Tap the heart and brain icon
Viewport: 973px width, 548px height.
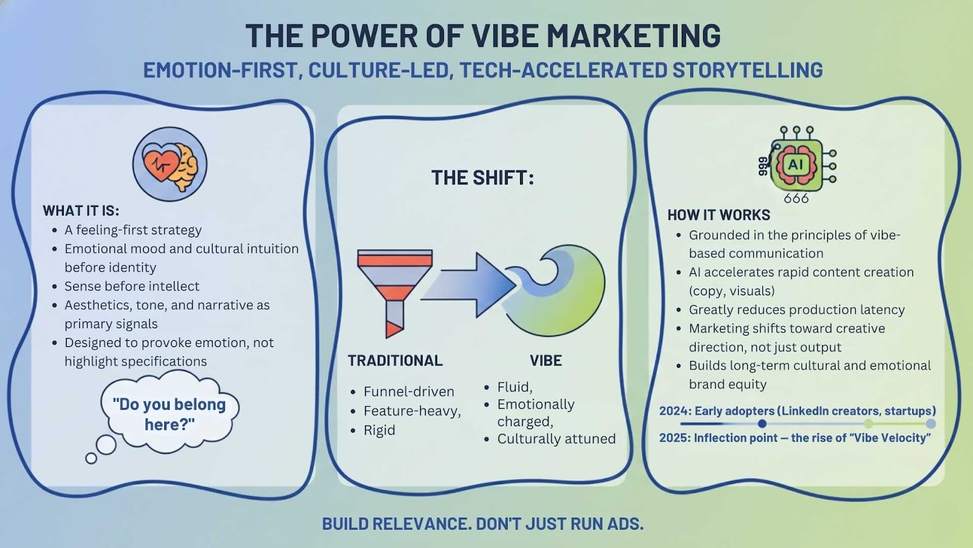[x=170, y=164]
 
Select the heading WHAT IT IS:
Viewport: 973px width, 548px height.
[x=81, y=211]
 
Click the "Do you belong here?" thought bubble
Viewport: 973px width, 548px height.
[x=170, y=411]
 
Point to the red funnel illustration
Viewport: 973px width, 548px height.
[x=395, y=292]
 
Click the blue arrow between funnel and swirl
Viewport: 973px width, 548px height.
[x=469, y=286]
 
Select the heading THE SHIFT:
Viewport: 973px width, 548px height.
[x=483, y=177]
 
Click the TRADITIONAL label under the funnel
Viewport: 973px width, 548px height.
[x=395, y=360]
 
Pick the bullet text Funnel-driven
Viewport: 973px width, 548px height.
[x=409, y=392]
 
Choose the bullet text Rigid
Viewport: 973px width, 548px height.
[x=379, y=430]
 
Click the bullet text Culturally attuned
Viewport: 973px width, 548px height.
[x=556, y=438]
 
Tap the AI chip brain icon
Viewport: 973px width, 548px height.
[x=797, y=164]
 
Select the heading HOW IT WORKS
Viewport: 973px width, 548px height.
[x=719, y=215]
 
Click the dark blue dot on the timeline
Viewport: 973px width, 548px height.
[x=762, y=424]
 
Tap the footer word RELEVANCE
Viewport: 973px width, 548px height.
[x=422, y=524]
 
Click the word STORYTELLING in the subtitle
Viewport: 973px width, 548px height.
[x=748, y=70]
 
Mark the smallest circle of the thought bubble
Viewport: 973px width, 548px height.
[x=91, y=458]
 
